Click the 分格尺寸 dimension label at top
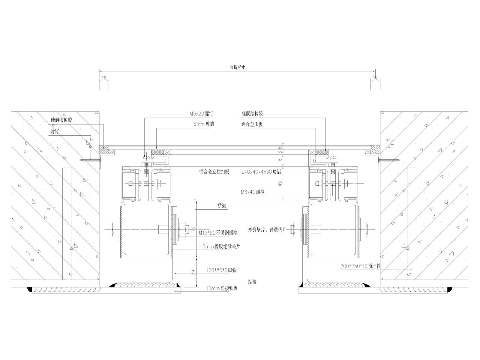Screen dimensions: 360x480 238,67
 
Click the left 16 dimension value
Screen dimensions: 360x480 104,78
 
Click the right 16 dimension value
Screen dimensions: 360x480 375,78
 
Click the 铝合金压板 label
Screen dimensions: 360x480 252,124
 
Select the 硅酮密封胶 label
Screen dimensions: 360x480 61,120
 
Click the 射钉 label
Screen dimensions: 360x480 54,132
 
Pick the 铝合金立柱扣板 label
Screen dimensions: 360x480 214,172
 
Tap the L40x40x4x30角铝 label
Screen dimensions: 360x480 261,172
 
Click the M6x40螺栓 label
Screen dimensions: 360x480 253,192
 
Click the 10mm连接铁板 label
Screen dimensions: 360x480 222,288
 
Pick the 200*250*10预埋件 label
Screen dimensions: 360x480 360,266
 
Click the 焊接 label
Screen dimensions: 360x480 252,282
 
